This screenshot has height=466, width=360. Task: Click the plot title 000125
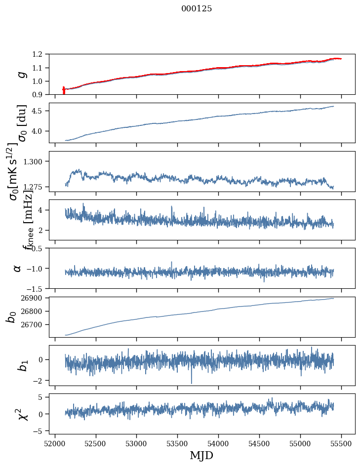(197, 9)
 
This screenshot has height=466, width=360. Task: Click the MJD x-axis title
(201, 455)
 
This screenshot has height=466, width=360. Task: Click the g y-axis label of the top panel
(21, 74)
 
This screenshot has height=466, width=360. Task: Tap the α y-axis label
(17, 268)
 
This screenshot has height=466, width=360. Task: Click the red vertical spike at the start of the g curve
(64, 90)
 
